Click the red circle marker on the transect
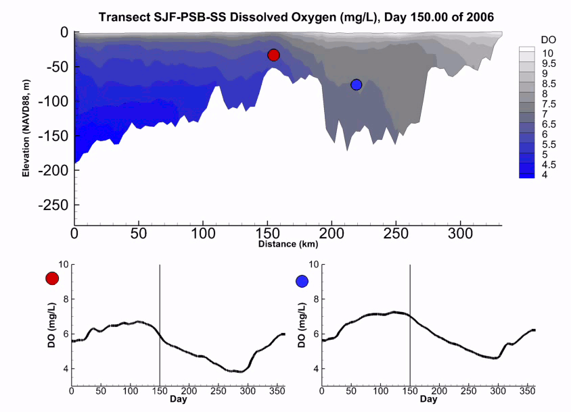click(273, 55)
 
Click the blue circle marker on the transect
click(357, 84)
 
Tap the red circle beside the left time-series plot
click(52, 278)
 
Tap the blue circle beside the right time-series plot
click(302, 281)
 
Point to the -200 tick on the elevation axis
click(55, 170)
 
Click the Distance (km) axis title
click(288, 244)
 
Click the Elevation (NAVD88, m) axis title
click(26, 128)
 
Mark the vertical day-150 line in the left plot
click(160, 324)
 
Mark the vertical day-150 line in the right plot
click(410, 324)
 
